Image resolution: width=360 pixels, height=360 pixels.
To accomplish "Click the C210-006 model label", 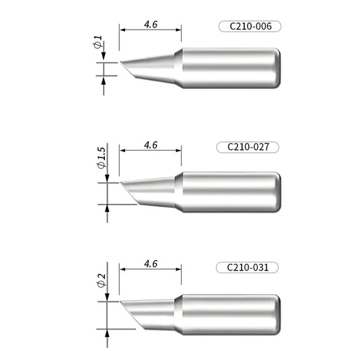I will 249,28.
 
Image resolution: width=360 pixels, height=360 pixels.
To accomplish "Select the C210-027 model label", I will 249,147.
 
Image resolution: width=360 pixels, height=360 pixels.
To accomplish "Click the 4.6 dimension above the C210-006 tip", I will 151,24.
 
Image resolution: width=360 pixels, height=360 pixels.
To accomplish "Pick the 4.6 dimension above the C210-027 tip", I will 151,144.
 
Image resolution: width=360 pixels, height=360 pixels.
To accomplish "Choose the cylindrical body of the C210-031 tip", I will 225,313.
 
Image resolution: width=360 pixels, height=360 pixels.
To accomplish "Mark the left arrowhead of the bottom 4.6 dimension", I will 123,269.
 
